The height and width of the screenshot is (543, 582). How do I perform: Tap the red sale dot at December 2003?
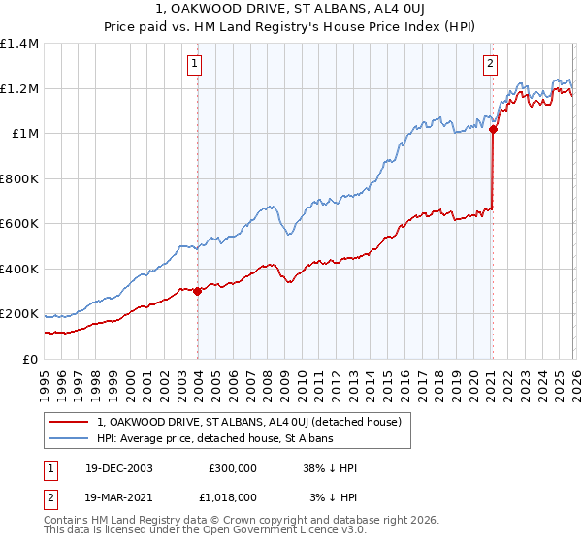coord(198,291)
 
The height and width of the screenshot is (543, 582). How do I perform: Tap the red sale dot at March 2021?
coord(493,129)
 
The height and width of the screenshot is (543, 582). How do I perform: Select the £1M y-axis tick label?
coord(24,134)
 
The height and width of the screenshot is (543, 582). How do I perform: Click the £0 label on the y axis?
coord(30,360)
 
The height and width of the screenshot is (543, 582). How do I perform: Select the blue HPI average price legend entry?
coord(214,439)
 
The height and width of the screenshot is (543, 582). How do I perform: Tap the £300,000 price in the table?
coord(232,468)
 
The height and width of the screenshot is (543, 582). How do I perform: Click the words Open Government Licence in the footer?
coord(269,532)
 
